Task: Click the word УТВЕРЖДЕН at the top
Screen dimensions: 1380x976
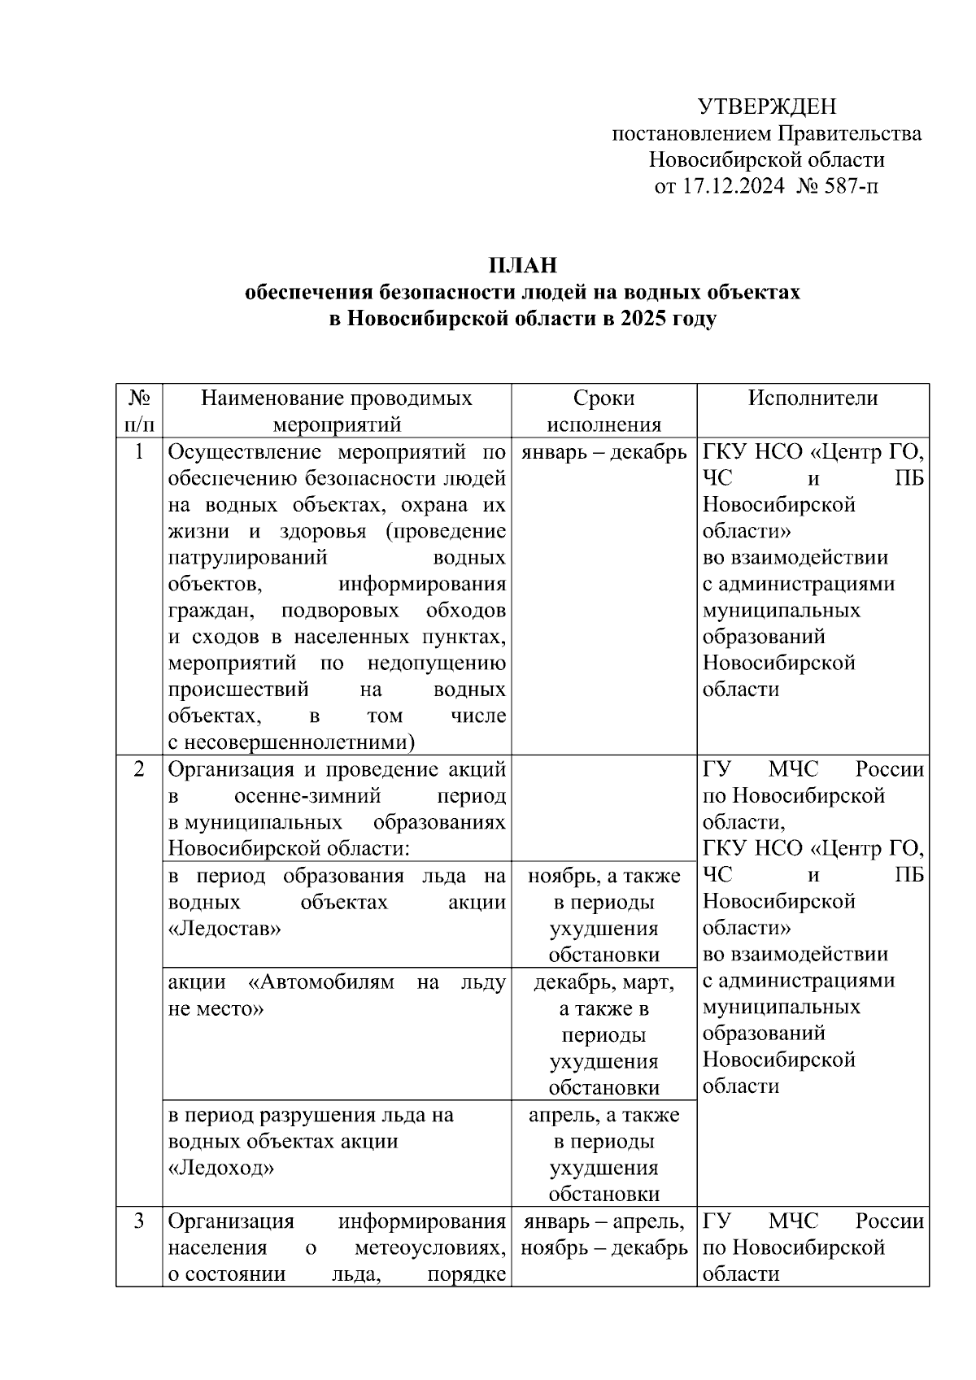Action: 767,107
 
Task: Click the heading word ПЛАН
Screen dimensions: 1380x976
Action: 522,265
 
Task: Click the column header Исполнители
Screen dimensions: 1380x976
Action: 813,398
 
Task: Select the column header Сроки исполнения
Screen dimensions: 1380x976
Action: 603,411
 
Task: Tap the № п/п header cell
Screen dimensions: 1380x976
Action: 139,411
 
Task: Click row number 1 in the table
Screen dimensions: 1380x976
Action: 139,452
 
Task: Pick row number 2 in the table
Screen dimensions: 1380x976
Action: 139,769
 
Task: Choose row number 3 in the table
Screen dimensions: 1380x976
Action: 139,1221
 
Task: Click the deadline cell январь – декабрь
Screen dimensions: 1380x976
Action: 603,452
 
